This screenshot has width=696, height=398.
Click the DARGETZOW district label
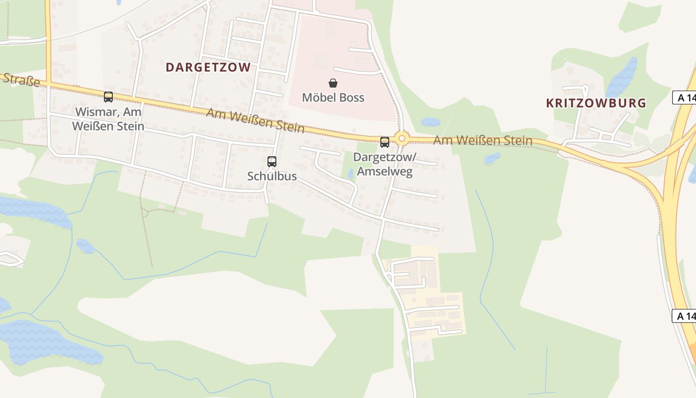tap(208, 68)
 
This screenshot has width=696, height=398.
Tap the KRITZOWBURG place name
tap(596, 103)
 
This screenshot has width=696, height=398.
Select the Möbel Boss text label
tap(333, 98)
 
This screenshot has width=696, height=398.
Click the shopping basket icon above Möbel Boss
tap(333, 83)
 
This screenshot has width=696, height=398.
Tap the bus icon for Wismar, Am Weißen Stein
tap(108, 97)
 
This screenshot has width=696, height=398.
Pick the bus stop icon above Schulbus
tap(272, 162)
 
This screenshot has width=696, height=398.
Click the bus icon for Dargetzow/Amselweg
tap(385, 142)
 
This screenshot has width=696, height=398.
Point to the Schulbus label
tap(272, 176)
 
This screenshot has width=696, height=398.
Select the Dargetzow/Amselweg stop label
tap(383, 165)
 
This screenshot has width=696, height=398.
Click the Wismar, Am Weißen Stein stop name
tap(108, 119)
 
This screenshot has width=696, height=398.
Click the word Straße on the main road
tap(21, 80)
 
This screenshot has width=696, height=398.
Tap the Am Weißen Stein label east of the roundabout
tap(482, 140)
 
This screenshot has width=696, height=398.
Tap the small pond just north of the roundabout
tap(430, 122)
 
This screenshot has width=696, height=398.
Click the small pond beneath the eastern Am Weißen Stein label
tap(492, 158)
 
